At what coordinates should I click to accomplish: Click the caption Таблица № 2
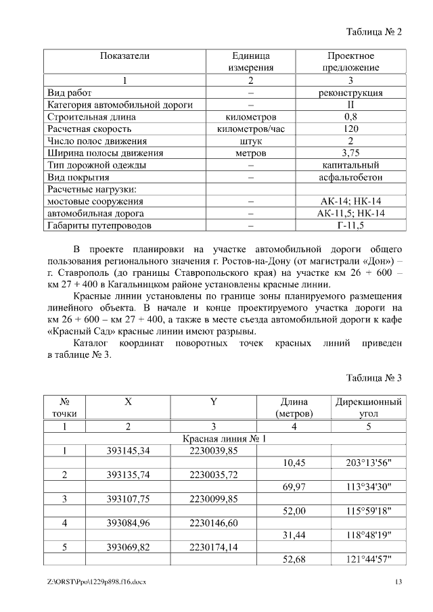tap(373, 32)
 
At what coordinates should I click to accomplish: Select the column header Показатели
tap(125, 55)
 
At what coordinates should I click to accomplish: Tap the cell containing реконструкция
tap(350, 93)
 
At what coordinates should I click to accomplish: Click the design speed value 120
tap(350, 128)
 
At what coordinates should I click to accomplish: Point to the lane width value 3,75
tap(350, 153)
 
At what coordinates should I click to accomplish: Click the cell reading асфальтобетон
tap(350, 177)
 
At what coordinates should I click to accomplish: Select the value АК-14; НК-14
tap(350, 202)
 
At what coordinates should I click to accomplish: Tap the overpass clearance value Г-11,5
tap(350, 225)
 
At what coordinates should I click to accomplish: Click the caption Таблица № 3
tap(373, 377)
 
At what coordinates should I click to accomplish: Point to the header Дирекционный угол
tap(368, 407)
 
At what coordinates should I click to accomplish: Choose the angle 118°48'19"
tap(368, 535)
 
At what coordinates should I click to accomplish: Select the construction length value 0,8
tap(350, 117)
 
